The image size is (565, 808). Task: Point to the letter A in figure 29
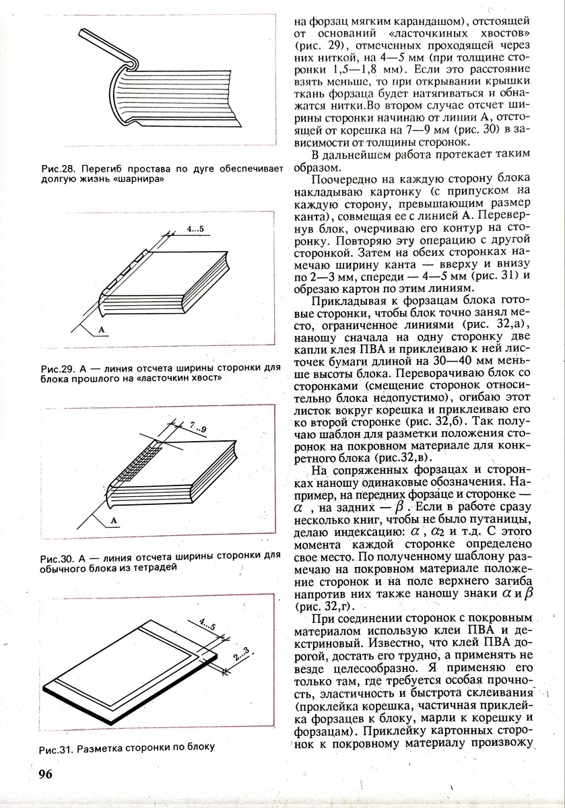click(x=100, y=329)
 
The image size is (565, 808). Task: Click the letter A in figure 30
click(x=114, y=519)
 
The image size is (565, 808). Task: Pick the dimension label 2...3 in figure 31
click(x=240, y=652)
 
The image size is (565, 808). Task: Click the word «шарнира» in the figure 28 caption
click(x=143, y=180)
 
